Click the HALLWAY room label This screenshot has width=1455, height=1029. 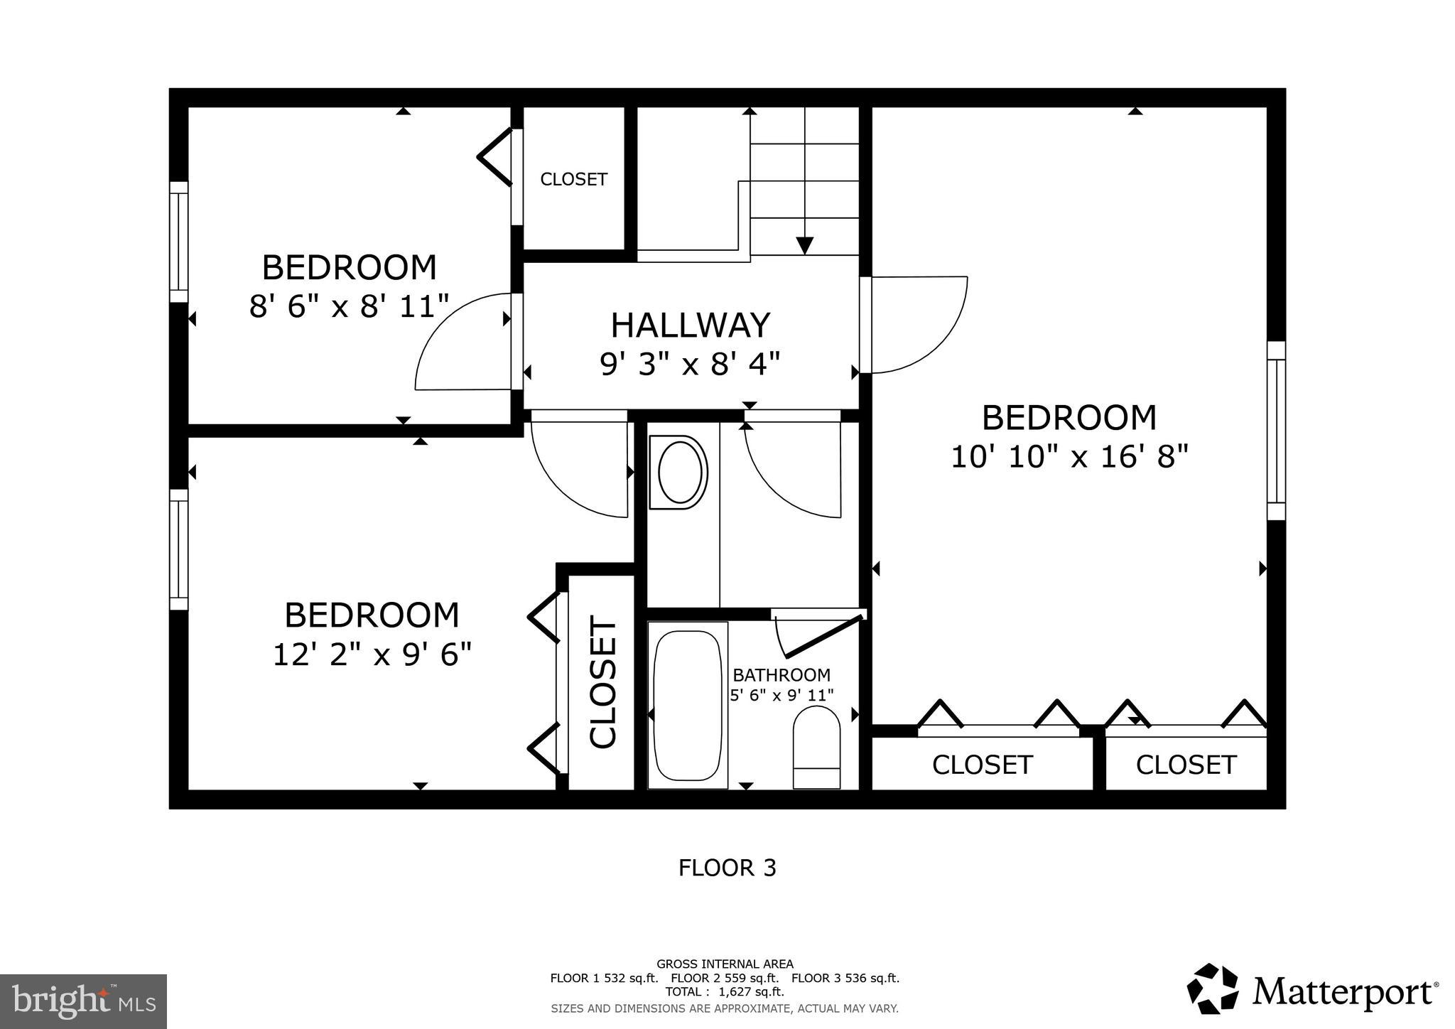690,325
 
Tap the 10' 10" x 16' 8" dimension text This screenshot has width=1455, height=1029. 1069,457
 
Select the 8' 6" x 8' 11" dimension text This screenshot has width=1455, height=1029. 349,307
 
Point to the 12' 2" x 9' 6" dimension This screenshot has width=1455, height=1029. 372,654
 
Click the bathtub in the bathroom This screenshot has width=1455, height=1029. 687,706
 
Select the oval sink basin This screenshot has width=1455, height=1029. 682,473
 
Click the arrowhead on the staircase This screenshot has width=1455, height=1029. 804,245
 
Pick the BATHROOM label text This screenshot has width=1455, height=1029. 781,675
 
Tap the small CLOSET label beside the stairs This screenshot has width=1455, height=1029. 573,180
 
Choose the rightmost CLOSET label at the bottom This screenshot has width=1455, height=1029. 1186,765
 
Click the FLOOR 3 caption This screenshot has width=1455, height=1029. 727,868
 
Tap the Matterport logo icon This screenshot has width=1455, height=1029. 1216,988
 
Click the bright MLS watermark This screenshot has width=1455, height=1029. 83,1001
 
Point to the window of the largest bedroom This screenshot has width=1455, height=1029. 1276,431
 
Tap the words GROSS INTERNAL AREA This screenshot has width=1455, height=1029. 725,964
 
